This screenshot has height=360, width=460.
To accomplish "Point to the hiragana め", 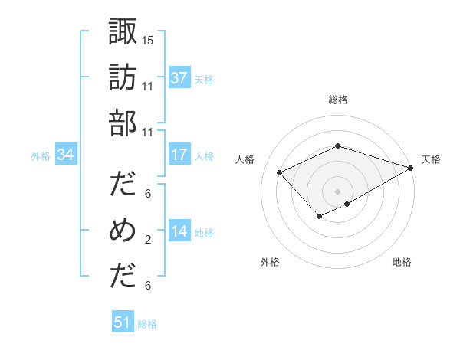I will [123, 231].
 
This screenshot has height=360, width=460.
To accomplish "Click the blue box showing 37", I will [179, 78].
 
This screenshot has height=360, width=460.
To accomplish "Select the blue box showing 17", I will [179, 155].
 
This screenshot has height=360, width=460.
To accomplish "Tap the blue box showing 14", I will [179, 231].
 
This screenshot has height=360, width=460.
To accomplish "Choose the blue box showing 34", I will [66, 155].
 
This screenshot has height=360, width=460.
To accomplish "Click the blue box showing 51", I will [123, 322].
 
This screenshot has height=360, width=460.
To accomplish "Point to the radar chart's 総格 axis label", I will [337, 100].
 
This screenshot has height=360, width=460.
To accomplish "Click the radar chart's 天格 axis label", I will [431, 159].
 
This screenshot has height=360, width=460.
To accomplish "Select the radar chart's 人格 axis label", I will [245, 159].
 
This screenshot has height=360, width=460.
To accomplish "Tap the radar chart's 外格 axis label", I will [270, 262].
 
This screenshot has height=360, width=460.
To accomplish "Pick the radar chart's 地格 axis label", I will [402, 262].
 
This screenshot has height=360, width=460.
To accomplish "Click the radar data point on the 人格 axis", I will [280, 172].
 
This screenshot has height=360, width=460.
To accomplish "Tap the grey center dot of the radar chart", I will [337, 191].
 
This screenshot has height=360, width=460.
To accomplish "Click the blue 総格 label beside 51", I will [147, 324].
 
